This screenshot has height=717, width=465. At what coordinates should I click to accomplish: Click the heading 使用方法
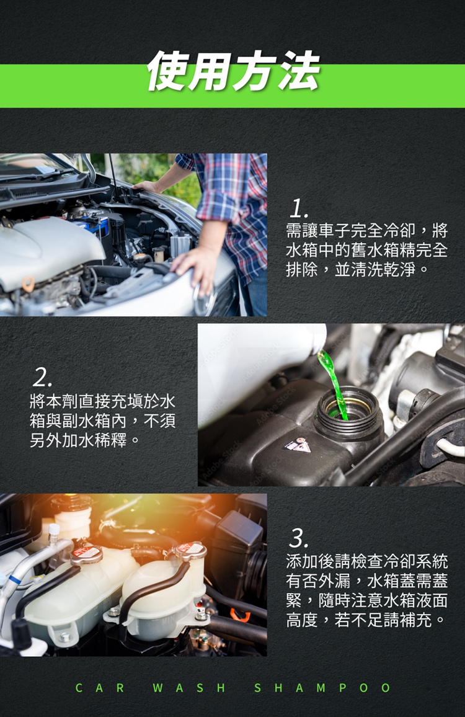[x=233, y=71]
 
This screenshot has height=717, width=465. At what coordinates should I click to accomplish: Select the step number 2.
[x=42, y=376]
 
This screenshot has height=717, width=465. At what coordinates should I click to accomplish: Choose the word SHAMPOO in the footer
[x=322, y=688]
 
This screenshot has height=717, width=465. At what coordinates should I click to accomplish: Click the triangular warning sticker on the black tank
[x=298, y=445]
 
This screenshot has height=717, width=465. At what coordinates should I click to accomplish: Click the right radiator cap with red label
[x=190, y=550]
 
